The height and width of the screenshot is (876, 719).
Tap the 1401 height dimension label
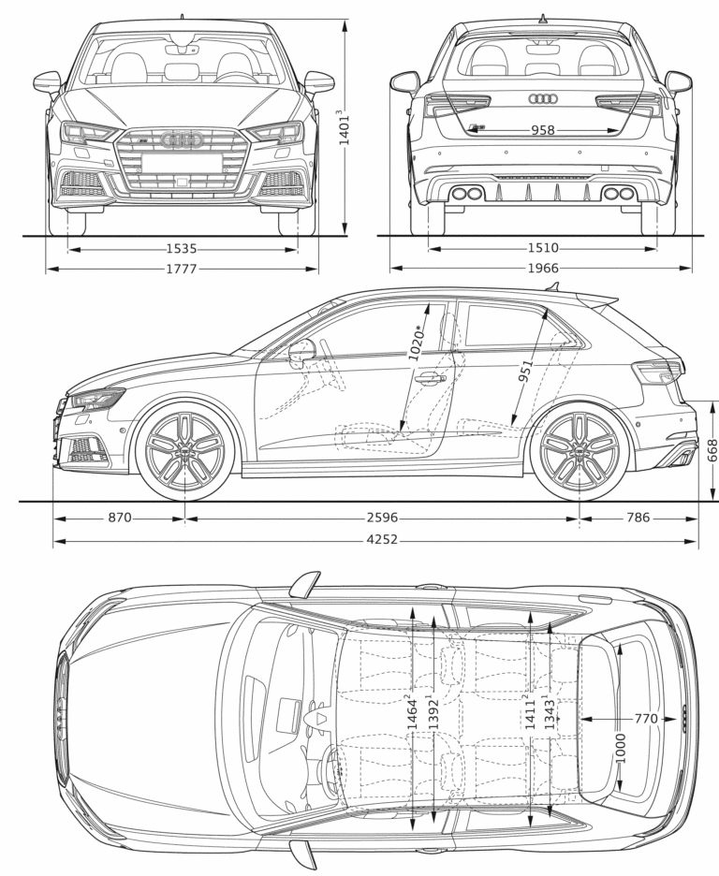(x=345, y=127)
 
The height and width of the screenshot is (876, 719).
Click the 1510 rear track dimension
(x=542, y=248)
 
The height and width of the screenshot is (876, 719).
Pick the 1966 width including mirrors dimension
(x=542, y=270)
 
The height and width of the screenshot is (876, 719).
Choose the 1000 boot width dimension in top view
(x=620, y=746)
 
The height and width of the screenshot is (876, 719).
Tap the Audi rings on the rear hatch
(x=542, y=98)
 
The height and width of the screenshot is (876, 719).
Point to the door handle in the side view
(x=431, y=378)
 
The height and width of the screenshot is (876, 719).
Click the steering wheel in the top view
(x=327, y=764)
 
